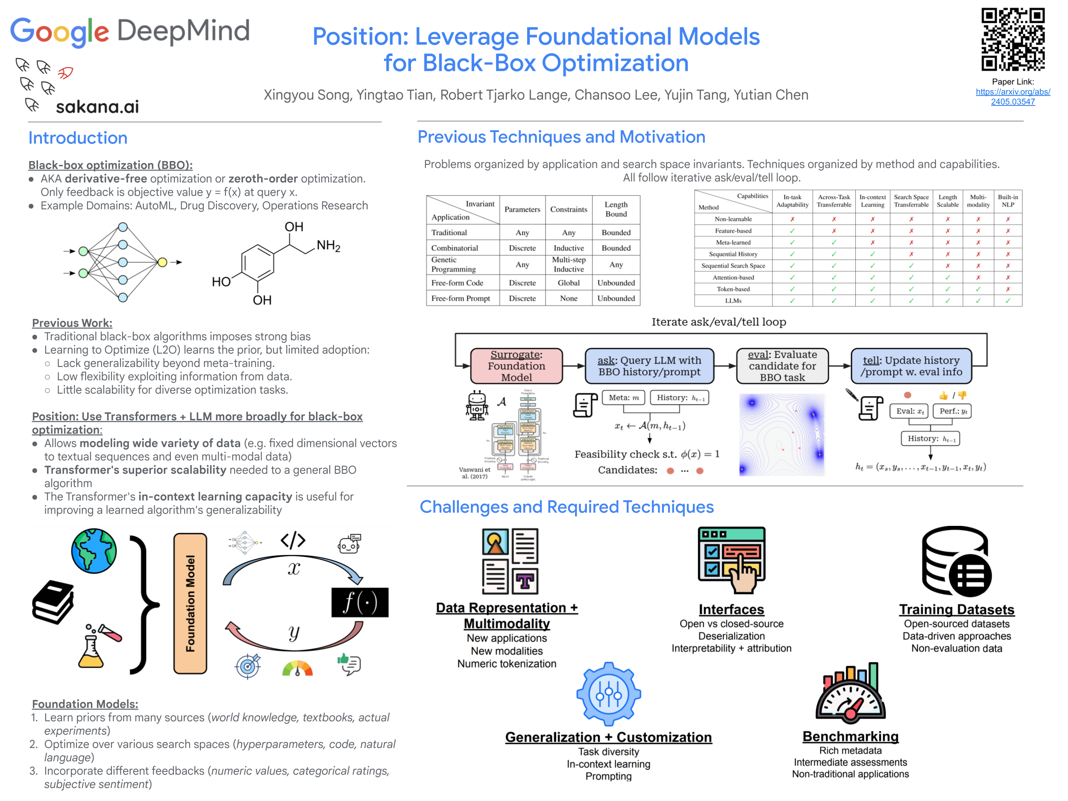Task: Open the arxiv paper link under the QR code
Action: [x=1012, y=97]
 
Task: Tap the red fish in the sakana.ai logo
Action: [x=65, y=73]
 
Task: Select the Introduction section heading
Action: [x=78, y=138]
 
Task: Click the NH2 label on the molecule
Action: [x=329, y=246]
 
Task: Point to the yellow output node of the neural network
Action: [x=162, y=262]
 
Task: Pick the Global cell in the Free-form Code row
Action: [x=568, y=283]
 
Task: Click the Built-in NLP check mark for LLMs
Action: [x=1008, y=301]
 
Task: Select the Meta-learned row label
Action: [x=733, y=242]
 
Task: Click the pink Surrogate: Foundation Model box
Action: [x=516, y=366]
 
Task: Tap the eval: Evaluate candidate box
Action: [x=782, y=366]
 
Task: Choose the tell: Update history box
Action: [x=911, y=366]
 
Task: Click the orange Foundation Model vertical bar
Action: [x=190, y=603]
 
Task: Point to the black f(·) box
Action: [x=360, y=602]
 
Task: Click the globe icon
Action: [x=94, y=551]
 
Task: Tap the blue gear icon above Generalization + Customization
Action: [x=608, y=694]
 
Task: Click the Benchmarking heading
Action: [x=850, y=736]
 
